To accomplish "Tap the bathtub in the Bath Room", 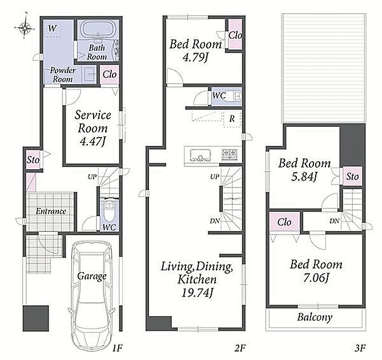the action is (x=98, y=30).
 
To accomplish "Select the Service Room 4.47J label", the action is (x=93, y=128).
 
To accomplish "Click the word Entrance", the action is (x=51, y=211).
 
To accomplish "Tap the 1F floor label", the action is (x=117, y=349).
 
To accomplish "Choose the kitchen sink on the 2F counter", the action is (x=200, y=155).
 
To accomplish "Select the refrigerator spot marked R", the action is (x=232, y=119).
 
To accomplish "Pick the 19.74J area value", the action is (x=198, y=293).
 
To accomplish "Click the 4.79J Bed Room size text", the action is (x=195, y=57).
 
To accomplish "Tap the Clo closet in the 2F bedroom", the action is (x=235, y=35).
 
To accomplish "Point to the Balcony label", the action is (x=315, y=317).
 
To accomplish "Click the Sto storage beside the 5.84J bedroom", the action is (x=352, y=176).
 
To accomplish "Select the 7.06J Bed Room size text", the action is (x=316, y=278).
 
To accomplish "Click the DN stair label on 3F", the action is (x=335, y=221).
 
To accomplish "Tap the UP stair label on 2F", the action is (x=215, y=177).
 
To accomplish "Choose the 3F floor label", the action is (x=360, y=349).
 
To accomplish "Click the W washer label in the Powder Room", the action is (x=52, y=29).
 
